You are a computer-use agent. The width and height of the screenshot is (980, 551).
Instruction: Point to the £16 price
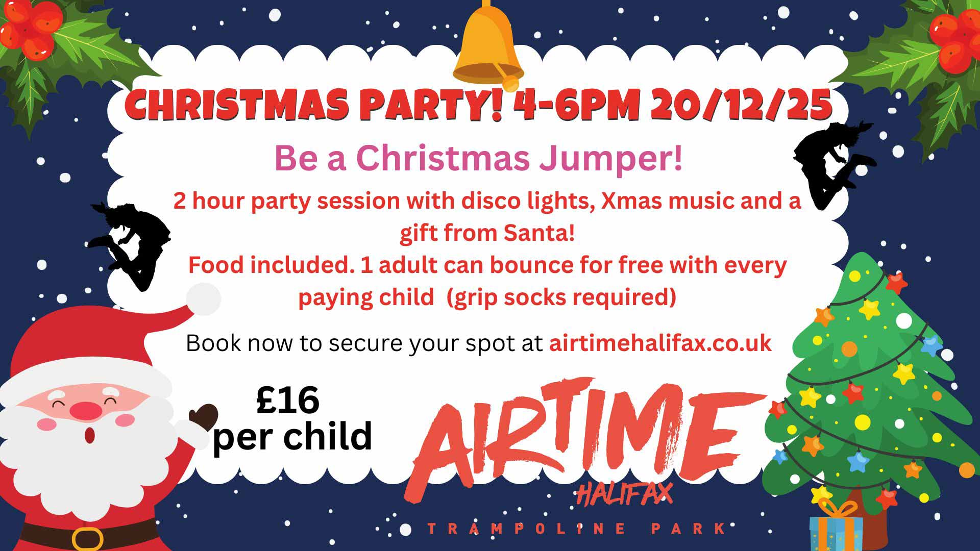coord(288,400)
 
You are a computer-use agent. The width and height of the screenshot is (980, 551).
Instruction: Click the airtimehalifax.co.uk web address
coord(660,343)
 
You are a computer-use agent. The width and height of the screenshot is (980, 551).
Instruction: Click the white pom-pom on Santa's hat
coord(203,298)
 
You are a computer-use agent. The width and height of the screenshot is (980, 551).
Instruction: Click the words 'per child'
coord(292,437)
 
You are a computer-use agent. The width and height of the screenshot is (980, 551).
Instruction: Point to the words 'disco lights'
coord(527,202)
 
